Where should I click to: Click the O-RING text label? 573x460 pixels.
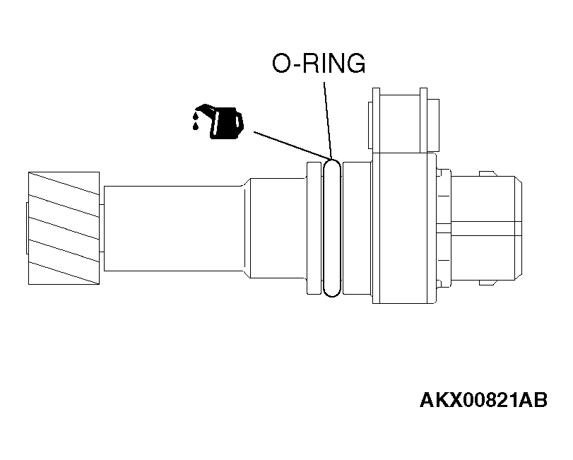coord(319,63)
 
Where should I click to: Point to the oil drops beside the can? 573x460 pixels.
coord(196,121)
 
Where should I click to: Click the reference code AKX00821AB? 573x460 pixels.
coord(483,400)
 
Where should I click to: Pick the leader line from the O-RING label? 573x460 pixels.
coord(328,120)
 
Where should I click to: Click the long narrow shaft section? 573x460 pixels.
coord(174,228)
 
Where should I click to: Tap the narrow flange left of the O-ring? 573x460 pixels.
coord(314,228)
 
